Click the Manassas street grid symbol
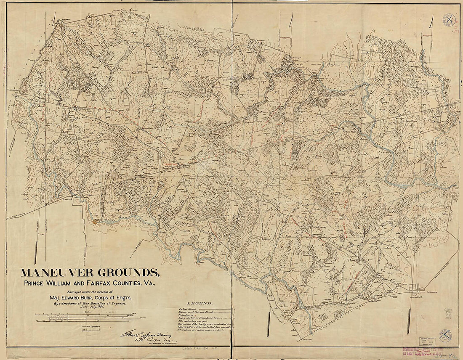pos(417,288)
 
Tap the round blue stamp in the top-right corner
pos(449,20)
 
